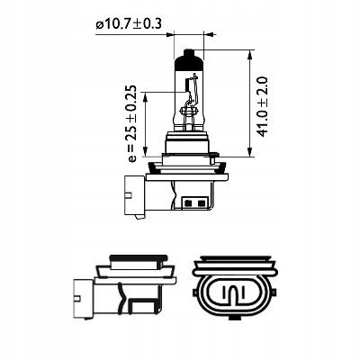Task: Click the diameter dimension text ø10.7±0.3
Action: pyautogui.click(x=129, y=23)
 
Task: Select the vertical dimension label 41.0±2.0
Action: pyautogui.click(x=263, y=107)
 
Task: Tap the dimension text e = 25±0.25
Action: pyautogui.click(x=131, y=123)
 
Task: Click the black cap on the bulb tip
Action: pyautogui.click(x=189, y=59)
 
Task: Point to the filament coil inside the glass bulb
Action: pyautogui.click(x=189, y=112)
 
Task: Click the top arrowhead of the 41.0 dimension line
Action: pyautogui.click(x=250, y=55)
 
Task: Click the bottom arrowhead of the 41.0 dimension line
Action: pyautogui.click(x=250, y=152)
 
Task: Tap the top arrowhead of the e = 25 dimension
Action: pyautogui.click(x=146, y=96)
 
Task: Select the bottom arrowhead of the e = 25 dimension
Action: pyautogui.click(x=146, y=152)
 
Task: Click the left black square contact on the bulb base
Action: pyautogui.click(x=189, y=203)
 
